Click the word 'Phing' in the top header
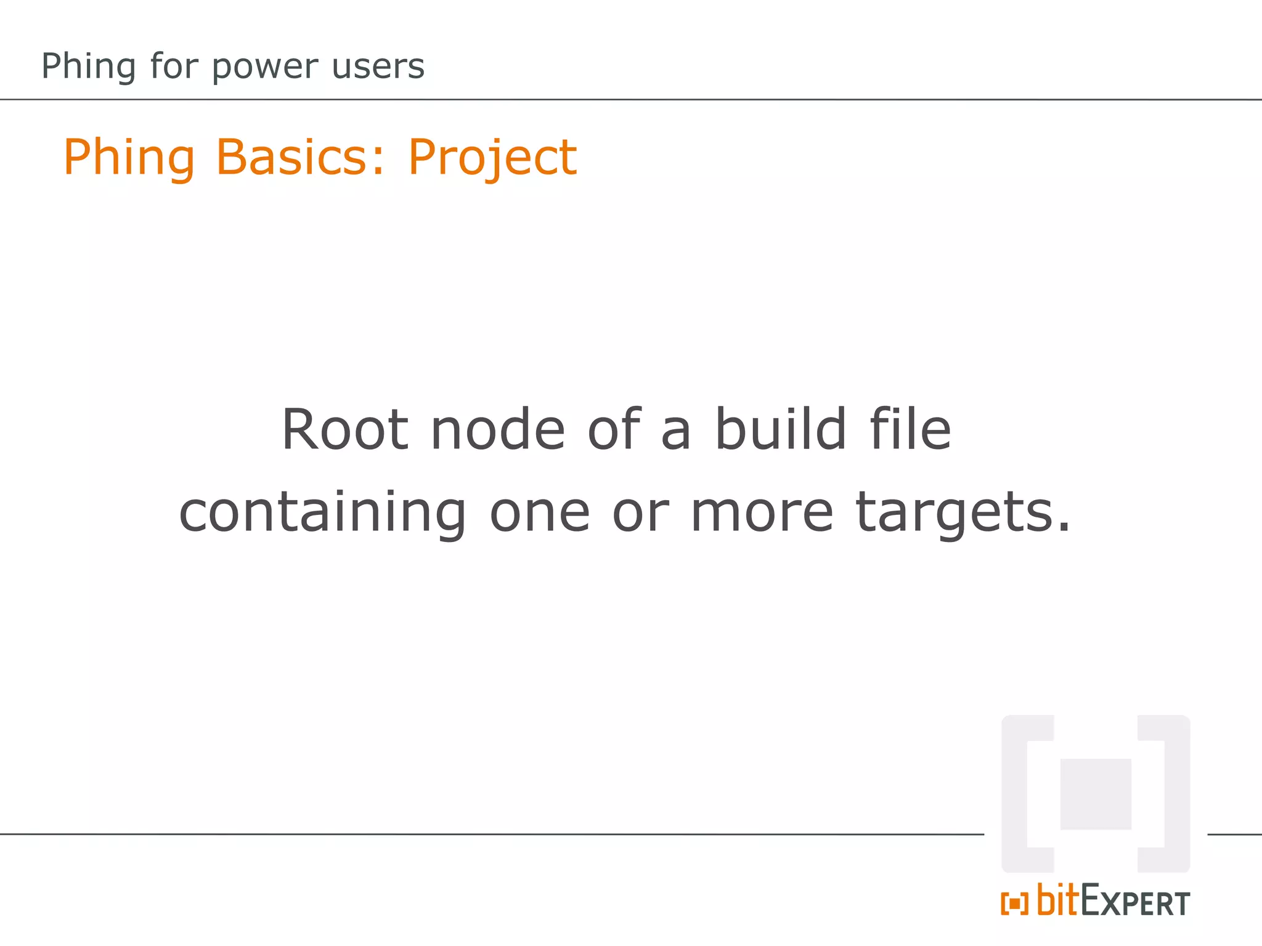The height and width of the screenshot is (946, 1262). (88, 67)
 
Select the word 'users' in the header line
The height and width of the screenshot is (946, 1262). (378, 67)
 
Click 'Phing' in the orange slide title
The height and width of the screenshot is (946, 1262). (129, 158)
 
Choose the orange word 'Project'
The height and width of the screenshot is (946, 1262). (492, 158)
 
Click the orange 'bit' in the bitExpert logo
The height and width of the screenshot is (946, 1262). (1057, 900)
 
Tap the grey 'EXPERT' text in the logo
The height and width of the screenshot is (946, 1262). (1135, 902)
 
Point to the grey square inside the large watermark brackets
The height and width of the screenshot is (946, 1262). (1096, 794)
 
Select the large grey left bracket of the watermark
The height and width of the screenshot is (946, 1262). (1023, 794)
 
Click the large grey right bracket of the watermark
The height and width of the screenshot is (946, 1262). (1168, 794)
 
